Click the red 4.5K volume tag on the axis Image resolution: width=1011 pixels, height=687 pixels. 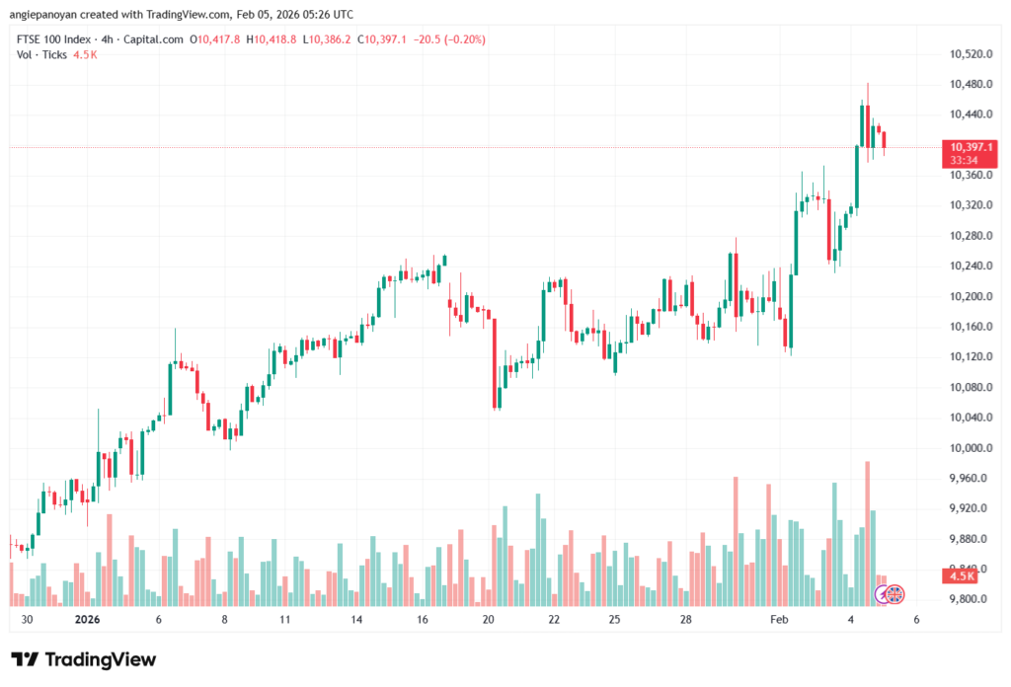click(962, 575)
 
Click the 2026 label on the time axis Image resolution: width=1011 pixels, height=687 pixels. click(88, 620)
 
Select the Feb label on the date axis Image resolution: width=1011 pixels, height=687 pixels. click(780, 620)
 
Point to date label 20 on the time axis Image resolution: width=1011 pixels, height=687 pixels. click(488, 620)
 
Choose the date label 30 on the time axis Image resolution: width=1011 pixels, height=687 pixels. click(27, 620)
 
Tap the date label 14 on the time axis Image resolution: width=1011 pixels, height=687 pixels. click(356, 620)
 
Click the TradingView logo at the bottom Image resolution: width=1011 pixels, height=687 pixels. click(84, 659)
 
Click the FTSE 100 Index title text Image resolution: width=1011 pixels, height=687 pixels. click(58, 39)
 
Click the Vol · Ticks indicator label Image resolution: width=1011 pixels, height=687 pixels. click(42, 54)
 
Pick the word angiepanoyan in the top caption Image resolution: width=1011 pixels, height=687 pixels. click(49, 14)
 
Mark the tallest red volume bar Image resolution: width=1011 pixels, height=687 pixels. click(868, 533)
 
